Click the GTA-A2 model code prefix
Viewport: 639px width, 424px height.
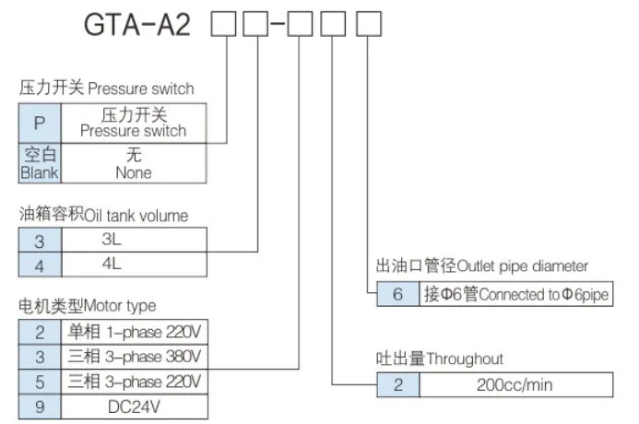coord(137,24)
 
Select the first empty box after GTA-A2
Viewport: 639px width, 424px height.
coord(223,24)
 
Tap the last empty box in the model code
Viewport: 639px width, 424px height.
coord(369,24)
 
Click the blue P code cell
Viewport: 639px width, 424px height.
coord(40,123)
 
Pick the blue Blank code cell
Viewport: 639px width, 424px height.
coord(40,163)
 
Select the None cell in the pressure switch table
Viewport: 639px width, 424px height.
coord(134,163)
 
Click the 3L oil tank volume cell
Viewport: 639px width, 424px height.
coord(134,240)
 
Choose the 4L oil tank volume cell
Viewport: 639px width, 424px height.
coord(134,265)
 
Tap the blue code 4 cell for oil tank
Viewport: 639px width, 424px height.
coord(40,265)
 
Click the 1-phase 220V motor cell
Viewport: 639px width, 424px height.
coord(134,333)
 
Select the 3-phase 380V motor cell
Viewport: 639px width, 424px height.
coord(134,358)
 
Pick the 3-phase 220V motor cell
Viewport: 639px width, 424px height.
coord(134,382)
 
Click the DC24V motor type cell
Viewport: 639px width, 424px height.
coord(134,406)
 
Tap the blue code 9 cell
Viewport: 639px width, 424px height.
coord(40,406)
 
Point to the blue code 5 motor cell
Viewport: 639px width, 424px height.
coord(40,382)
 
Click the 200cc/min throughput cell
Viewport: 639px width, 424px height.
coord(516,385)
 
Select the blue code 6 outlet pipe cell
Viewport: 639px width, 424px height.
coord(398,294)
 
